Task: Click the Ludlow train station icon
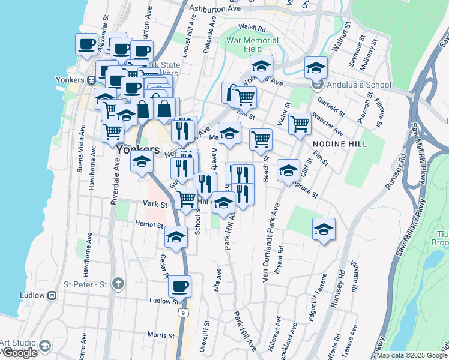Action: pos(52,295)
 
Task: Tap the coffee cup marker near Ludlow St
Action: pos(180,287)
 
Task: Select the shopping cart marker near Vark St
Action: pos(186,197)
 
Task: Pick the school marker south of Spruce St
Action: pos(324,229)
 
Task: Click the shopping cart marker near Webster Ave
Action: pos(300,124)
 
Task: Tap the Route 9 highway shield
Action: pos(181,313)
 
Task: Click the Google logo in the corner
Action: pos(19,353)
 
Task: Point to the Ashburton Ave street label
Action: pos(214,10)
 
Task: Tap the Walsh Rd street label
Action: pos(252,28)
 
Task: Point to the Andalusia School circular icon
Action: pos(317,85)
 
